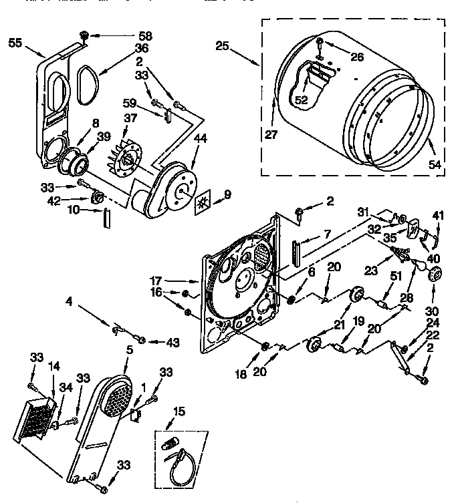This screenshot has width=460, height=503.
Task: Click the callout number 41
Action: click(438, 215)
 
